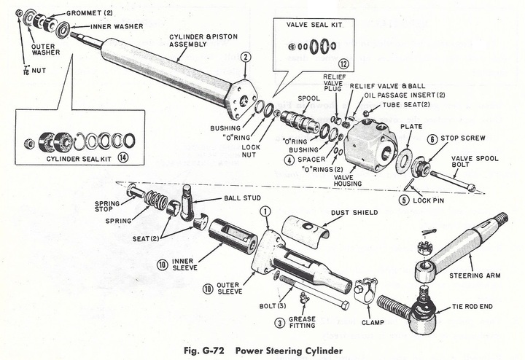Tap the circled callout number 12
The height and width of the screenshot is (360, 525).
coord(343,65)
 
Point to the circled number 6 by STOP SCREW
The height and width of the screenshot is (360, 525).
coord(432,139)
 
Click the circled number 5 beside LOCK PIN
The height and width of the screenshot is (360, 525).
coord(403,198)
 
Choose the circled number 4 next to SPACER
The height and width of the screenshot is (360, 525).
coord(290,160)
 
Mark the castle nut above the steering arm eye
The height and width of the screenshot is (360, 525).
coord(421,248)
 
